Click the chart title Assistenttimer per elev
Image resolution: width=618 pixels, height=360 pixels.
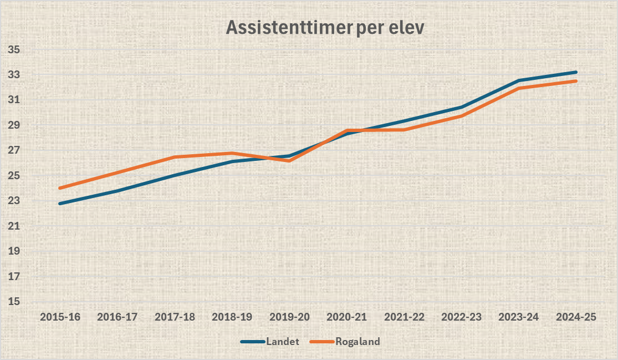(325, 28)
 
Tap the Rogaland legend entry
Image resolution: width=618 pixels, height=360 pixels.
(357, 341)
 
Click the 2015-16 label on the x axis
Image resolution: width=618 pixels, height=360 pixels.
(60, 317)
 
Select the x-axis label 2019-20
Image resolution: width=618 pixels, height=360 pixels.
(289, 317)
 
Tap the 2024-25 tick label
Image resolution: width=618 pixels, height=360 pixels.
(576, 317)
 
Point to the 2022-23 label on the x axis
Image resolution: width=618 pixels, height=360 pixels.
(462, 317)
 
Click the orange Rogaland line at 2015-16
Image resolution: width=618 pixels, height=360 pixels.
(60, 188)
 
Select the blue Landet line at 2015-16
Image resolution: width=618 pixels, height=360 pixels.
(60, 204)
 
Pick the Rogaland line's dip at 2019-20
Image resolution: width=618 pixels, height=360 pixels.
(289, 160)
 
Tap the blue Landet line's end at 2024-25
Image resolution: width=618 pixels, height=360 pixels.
(576, 72)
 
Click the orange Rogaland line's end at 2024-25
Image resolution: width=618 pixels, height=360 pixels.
(576, 81)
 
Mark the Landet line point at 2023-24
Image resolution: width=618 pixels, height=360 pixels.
(519, 80)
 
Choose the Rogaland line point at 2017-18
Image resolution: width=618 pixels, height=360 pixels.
(175, 157)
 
